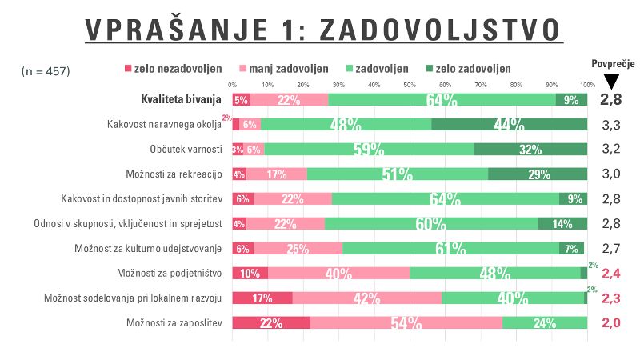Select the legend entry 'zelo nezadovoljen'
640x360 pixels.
(x=174, y=69)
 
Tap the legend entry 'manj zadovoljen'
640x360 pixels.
(x=283, y=69)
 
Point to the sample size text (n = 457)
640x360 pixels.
(x=46, y=71)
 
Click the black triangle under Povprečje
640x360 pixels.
(x=611, y=81)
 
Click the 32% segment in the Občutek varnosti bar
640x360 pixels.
(x=530, y=150)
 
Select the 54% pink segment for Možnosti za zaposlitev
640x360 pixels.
(x=406, y=323)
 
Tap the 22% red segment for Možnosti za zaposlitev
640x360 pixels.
(x=271, y=323)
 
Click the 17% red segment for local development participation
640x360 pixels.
(x=262, y=298)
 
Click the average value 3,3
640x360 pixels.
(x=611, y=125)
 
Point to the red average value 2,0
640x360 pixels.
(x=611, y=323)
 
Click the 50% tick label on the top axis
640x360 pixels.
(x=410, y=84)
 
